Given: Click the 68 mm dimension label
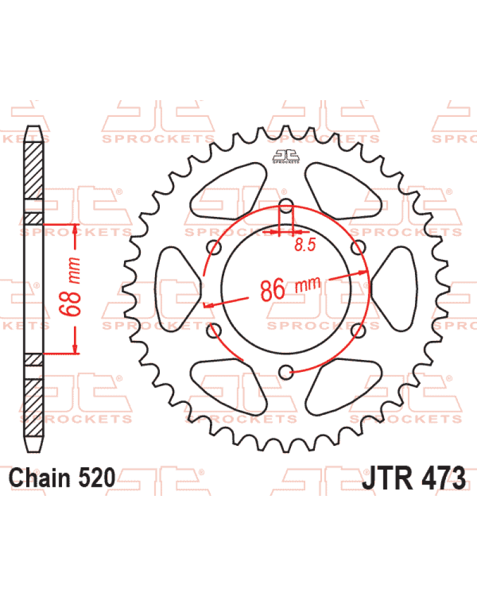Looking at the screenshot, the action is click(x=70, y=287).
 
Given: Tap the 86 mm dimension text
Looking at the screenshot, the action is click(x=290, y=288).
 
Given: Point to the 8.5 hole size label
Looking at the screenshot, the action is click(x=305, y=244).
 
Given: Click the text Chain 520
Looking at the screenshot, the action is click(x=62, y=478).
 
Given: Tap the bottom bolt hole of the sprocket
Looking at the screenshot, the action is click(x=286, y=372).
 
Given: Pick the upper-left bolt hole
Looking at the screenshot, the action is click(x=214, y=247).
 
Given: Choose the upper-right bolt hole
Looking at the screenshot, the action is click(x=358, y=247).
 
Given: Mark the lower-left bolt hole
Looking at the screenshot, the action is click(x=214, y=330).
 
